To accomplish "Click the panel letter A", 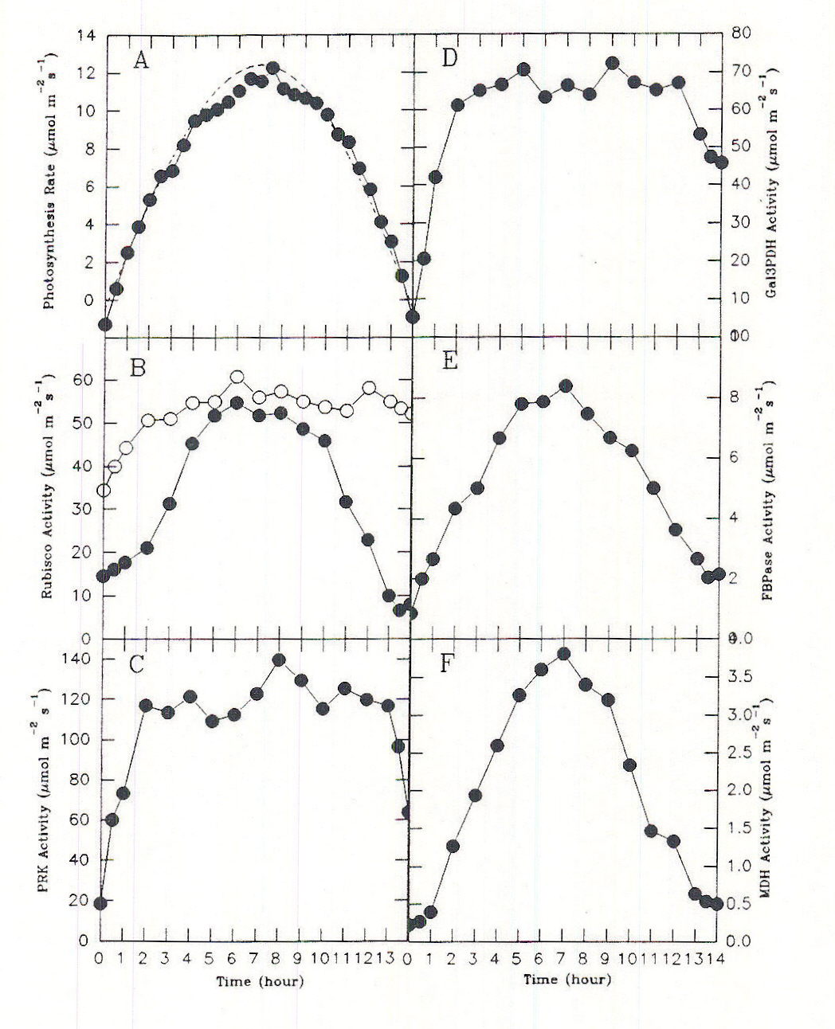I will click(x=140, y=60).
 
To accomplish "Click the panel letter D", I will click(x=448, y=59).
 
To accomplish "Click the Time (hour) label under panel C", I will click(x=260, y=981).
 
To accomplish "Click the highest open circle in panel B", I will click(x=237, y=377).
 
